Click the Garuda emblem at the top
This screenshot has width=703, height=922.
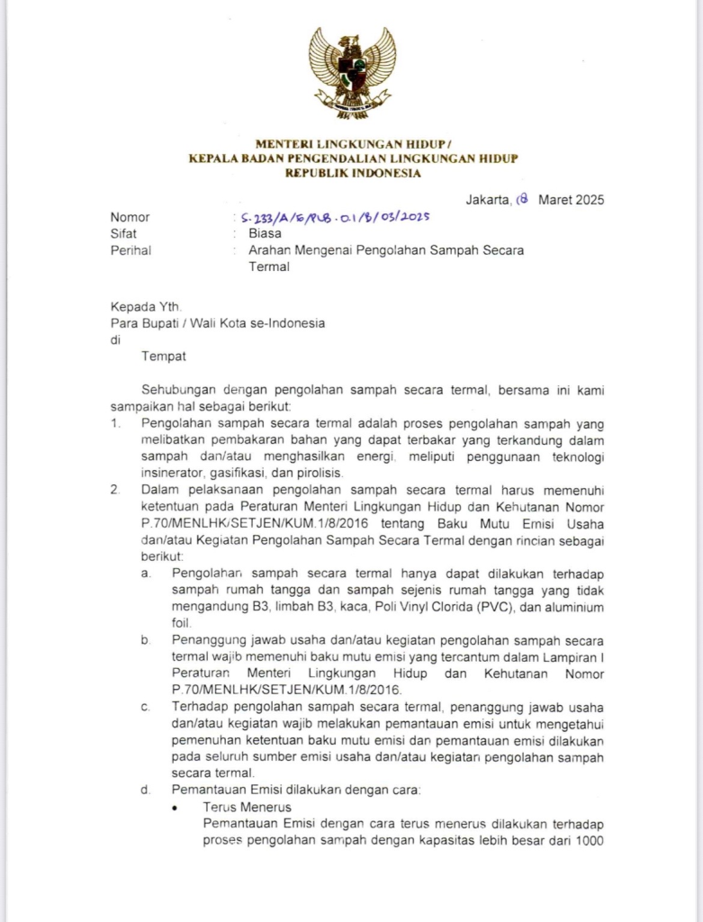coord(352,73)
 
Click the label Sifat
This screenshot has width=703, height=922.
coord(123,233)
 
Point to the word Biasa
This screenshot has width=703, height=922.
coord(265,233)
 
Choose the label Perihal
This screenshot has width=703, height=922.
coord(131,249)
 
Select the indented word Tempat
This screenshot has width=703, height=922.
coord(164,357)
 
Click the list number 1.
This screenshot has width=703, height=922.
coord(114,423)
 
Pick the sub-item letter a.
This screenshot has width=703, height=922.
coord(145,573)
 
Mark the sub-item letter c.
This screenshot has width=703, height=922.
coord(145,706)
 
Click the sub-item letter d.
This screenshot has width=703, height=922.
coord(145,790)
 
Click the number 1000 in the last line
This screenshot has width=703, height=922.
coord(589,841)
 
